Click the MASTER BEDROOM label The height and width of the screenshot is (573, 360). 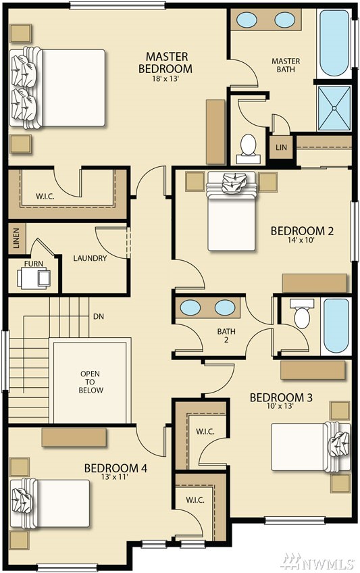165,62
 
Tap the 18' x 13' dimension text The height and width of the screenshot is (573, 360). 165,78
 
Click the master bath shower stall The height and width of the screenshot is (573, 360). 334,108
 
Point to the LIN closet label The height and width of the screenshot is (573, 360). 281,147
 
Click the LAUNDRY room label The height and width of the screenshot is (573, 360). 90,258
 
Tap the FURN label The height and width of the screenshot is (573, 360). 34,264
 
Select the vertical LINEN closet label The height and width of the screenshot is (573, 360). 16,239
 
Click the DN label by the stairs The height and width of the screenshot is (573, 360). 99,316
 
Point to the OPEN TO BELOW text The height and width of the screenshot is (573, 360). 91,382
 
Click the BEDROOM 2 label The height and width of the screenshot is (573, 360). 302,231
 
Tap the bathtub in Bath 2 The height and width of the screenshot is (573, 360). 336,326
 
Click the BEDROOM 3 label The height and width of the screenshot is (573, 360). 281,397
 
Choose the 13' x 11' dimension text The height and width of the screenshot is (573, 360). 115,476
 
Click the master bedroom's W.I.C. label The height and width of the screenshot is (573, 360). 45,196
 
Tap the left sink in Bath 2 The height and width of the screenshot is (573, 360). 190,307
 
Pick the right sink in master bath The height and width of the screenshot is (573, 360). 285,20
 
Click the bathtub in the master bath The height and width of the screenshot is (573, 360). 334,43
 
